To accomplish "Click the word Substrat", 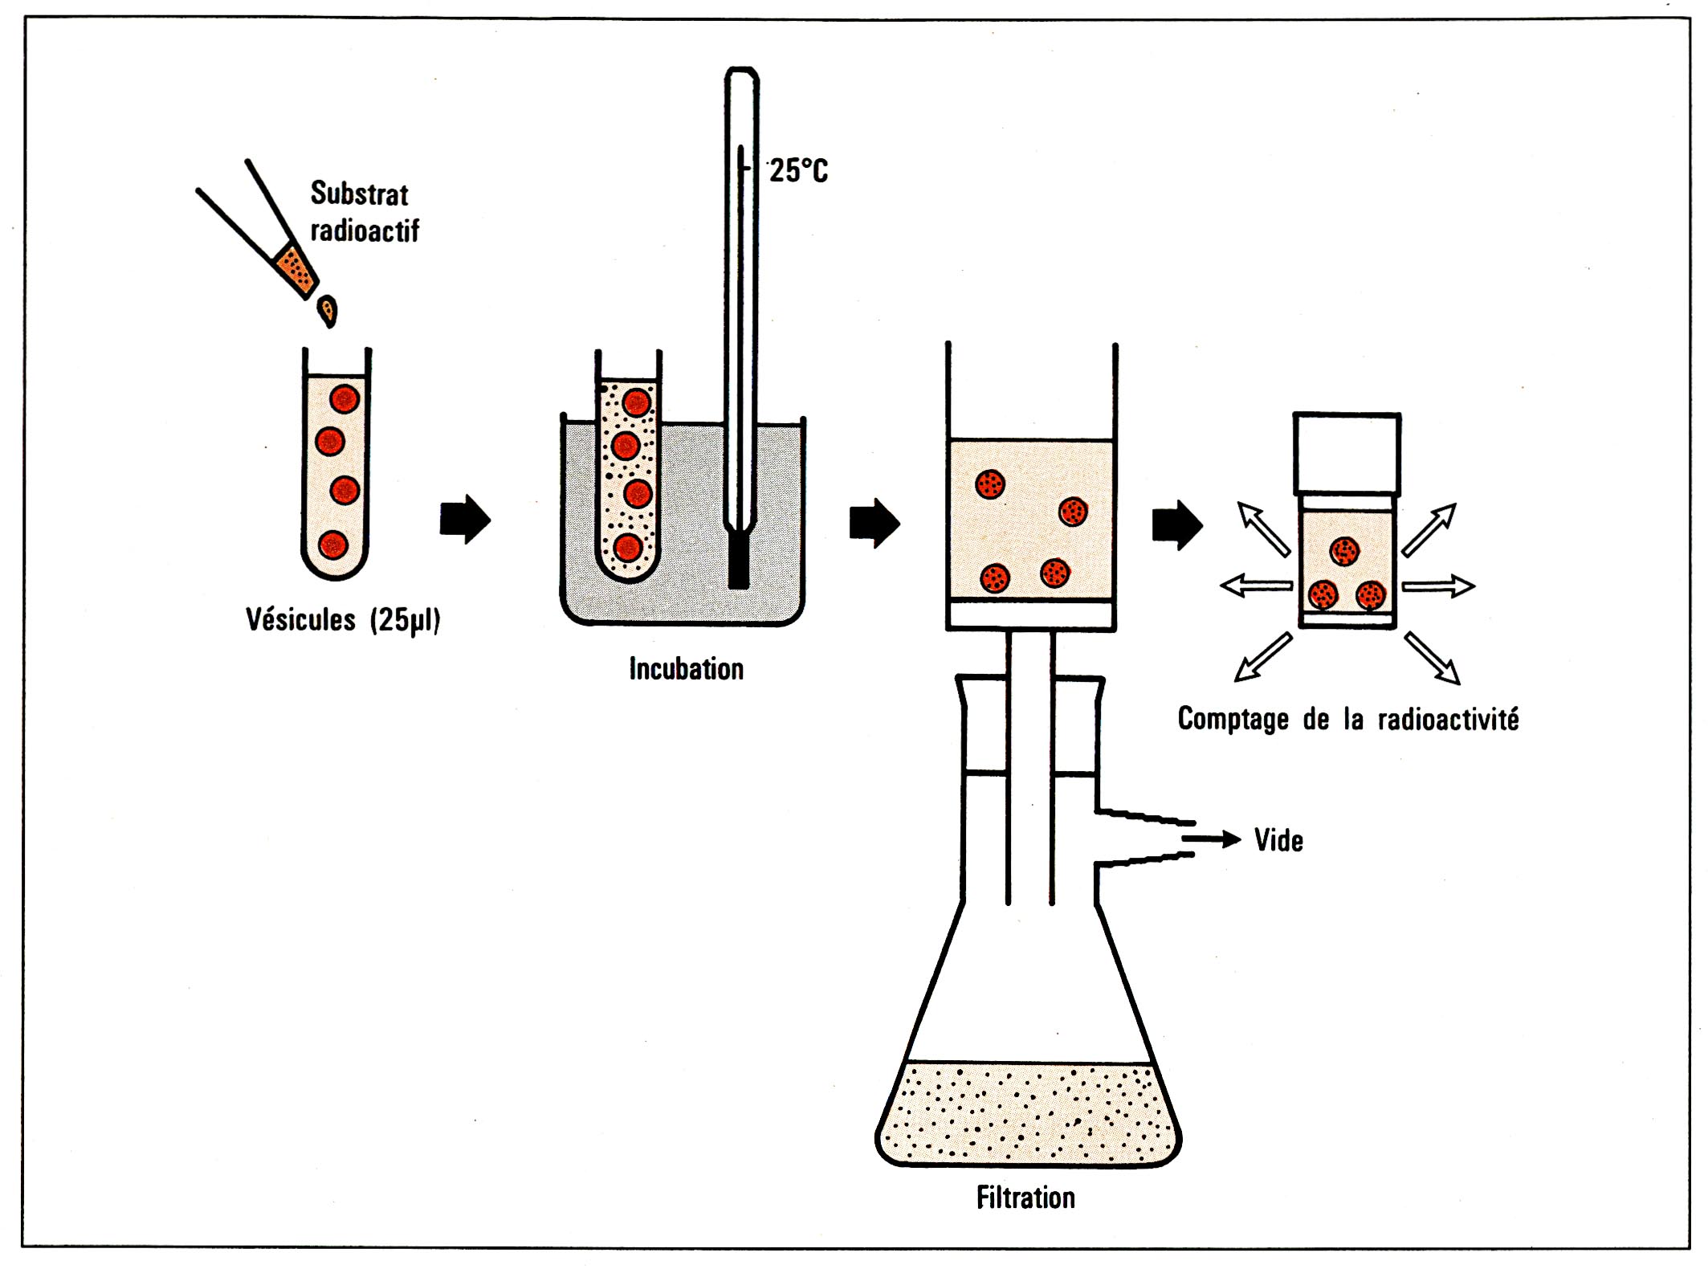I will coord(359,194).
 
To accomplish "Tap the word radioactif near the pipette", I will coord(365,231).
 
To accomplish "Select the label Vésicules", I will coord(300,620).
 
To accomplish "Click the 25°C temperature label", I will coord(798,170).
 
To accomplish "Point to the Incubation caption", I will coord(686,669).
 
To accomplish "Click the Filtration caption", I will coord(1025,1198).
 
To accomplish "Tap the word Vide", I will coord(1278,841).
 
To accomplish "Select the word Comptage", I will coord(1233,719).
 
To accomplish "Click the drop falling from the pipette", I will coord(328,311).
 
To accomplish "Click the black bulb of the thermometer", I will coord(739,562).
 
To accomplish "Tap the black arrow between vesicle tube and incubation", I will coord(465,519).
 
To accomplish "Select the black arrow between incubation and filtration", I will coord(874,523).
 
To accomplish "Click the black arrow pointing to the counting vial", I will coord(1177,525).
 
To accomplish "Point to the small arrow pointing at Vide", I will coord(1213,839).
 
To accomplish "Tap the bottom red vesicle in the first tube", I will coord(333,545).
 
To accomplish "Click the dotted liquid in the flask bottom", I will coord(1028,1112).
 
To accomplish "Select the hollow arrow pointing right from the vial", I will coord(1438,586).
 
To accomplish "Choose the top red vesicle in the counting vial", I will coord(1344,551).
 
